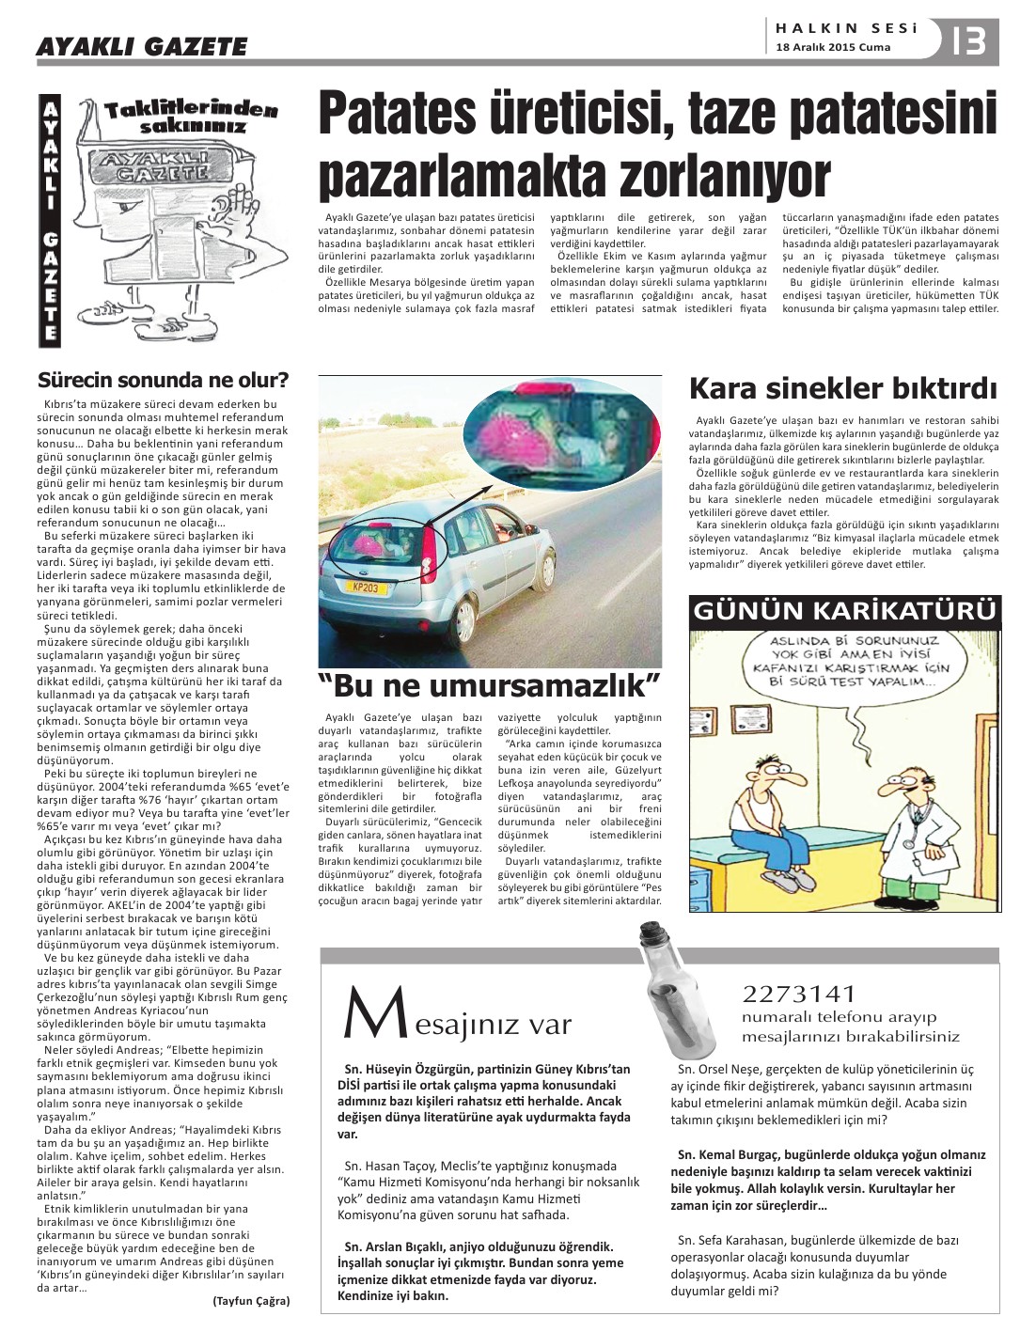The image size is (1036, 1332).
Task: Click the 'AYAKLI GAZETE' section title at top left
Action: (141, 46)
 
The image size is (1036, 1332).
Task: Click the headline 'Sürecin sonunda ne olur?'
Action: (163, 380)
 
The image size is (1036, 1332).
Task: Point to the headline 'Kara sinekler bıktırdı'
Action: (842, 388)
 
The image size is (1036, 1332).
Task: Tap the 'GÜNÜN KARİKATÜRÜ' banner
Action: (843, 611)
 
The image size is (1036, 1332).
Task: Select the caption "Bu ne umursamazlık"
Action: (489, 684)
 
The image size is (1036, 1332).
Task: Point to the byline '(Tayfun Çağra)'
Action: (251, 1301)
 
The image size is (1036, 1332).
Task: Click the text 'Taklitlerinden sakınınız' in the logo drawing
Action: (191, 117)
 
